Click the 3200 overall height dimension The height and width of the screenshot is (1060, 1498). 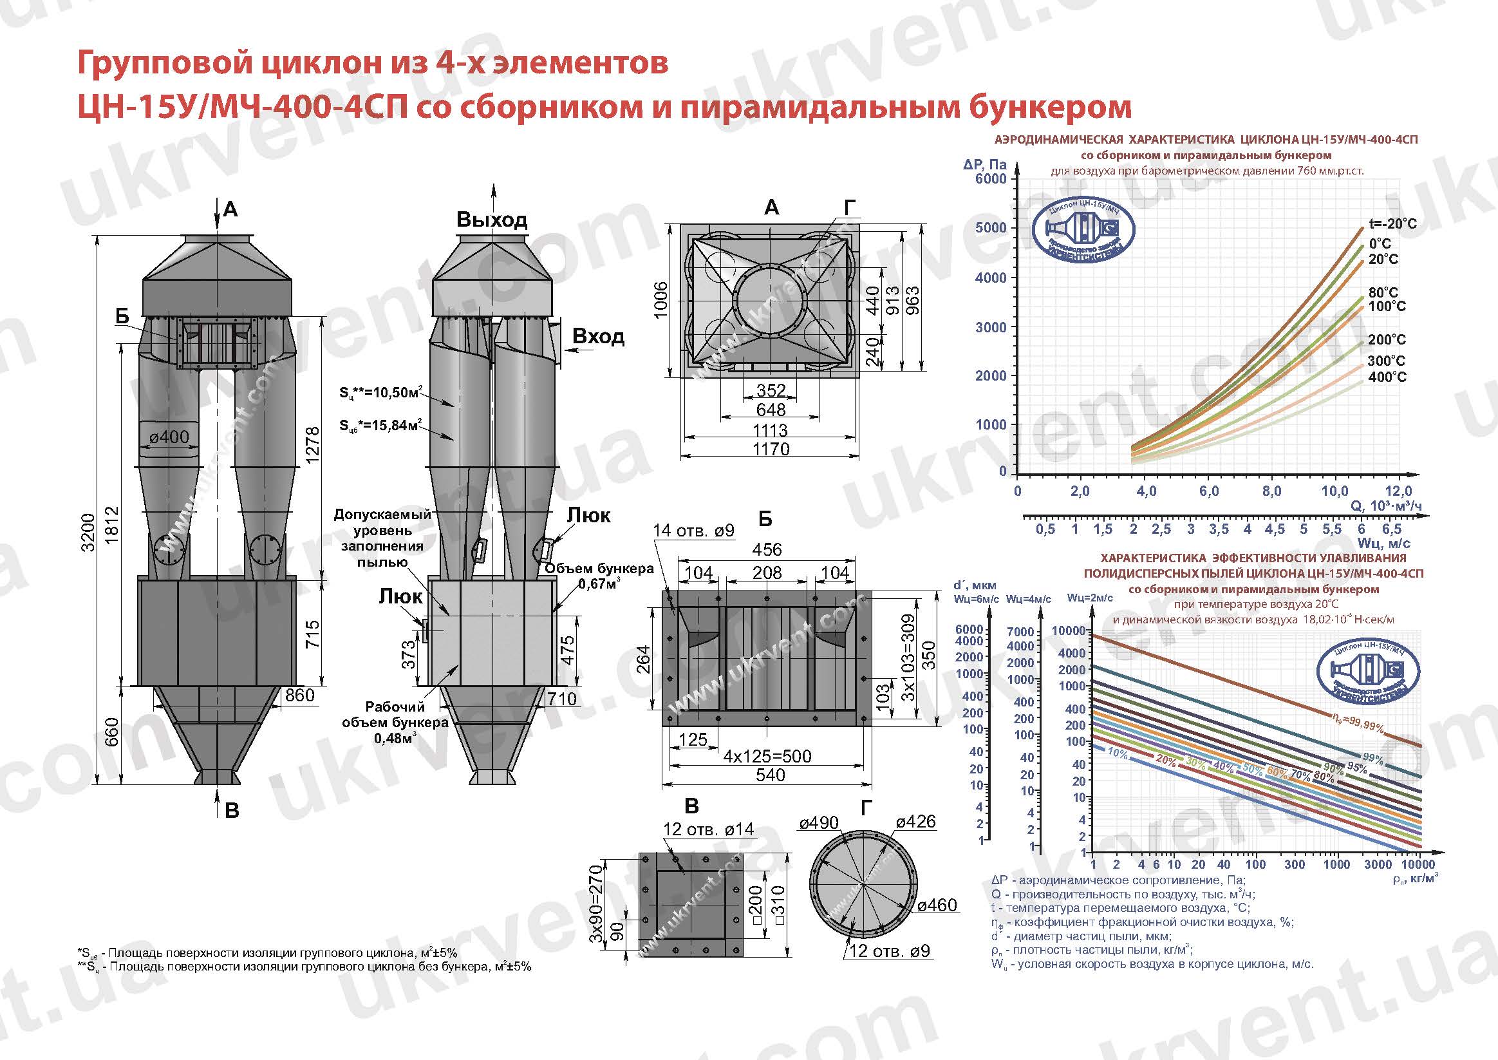[x=88, y=532]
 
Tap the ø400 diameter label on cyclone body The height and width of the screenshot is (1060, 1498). [x=169, y=437]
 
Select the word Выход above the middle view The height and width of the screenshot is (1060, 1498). [x=492, y=220]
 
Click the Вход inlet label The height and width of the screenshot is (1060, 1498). [x=597, y=336]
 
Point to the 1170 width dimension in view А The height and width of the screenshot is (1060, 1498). [x=771, y=449]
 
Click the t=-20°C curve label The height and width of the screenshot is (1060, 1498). [x=1392, y=224]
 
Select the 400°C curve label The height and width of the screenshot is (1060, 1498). [x=1387, y=377]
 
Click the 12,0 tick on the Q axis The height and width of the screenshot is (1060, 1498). [x=1398, y=491]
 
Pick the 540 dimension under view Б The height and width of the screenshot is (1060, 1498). [x=770, y=775]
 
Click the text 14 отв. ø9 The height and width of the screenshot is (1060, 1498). [x=693, y=531]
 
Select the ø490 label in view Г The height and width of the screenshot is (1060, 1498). [x=819, y=823]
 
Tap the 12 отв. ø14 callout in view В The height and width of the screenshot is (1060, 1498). [x=708, y=829]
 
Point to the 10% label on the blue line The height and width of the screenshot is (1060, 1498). [x=1118, y=753]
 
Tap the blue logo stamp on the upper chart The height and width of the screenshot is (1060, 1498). [x=1083, y=229]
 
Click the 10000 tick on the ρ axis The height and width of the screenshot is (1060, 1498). [x=1418, y=865]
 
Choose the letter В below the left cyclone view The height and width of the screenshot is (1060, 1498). [x=232, y=811]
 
